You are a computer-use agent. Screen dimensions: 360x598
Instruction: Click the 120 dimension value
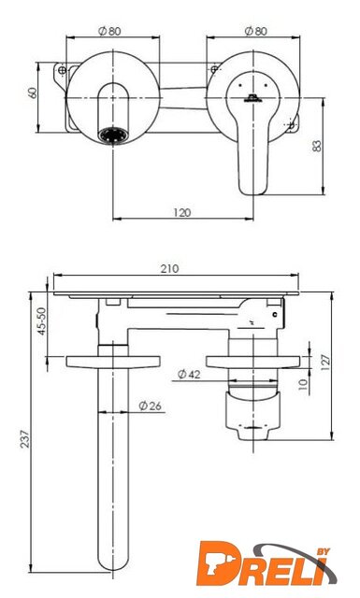(x=181, y=212)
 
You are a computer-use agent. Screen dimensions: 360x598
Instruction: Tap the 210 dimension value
(x=169, y=268)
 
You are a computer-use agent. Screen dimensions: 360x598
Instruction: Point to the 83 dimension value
(x=317, y=146)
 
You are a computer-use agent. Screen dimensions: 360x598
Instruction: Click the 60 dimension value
(x=34, y=93)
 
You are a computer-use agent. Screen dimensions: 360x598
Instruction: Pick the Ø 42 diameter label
(x=189, y=375)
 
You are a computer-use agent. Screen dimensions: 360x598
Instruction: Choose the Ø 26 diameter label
(x=150, y=406)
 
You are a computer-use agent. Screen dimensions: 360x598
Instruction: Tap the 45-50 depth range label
(x=42, y=321)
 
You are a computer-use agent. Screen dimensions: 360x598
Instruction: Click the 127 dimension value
(x=325, y=363)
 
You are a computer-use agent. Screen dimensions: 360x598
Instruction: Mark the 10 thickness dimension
(x=303, y=384)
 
